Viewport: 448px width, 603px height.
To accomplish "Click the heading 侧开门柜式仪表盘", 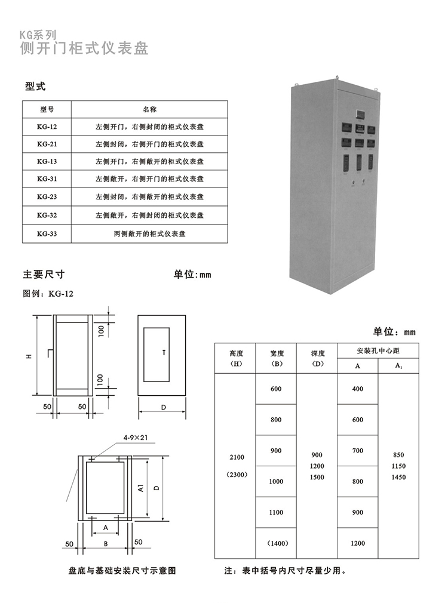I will click(x=84, y=48).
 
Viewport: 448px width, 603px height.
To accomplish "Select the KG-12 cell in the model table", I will click(x=47, y=127).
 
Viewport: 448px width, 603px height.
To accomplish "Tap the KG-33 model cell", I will click(x=47, y=233).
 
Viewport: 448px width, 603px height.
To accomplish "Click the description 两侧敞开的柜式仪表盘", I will click(x=149, y=233).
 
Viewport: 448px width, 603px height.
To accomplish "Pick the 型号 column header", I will click(x=47, y=109).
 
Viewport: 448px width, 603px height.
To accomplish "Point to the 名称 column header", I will click(x=149, y=109).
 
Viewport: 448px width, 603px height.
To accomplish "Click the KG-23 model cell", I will click(x=47, y=197).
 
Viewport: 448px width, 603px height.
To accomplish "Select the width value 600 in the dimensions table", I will click(x=275, y=389).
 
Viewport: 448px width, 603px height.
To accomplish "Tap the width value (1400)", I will click(x=275, y=543).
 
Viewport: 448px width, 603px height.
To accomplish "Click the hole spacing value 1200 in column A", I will click(x=357, y=543).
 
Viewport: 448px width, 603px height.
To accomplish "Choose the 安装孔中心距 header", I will click(x=378, y=350).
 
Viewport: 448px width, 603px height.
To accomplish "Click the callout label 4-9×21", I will click(x=136, y=438).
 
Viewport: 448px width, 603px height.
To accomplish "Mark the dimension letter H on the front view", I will click(x=28, y=356).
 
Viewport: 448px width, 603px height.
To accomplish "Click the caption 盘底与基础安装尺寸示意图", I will click(x=122, y=571).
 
